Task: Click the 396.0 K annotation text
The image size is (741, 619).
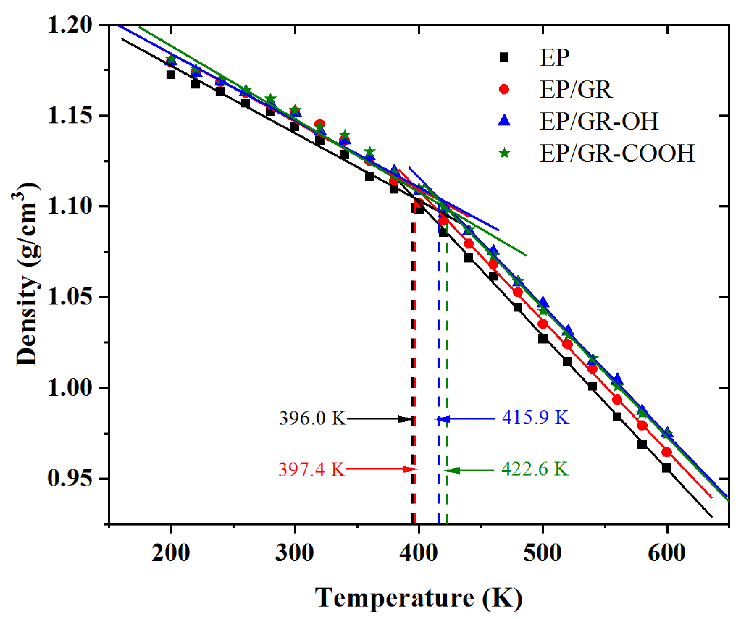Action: tap(312, 419)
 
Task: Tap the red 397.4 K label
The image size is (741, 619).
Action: tap(312, 470)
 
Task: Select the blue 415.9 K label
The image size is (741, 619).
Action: tap(536, 418)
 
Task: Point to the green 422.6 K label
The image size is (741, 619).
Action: tap(535, 469)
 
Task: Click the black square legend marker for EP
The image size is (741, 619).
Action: tap(504, 57)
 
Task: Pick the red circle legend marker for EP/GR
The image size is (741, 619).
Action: tap(504, 89)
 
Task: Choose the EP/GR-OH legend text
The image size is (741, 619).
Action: tap(599, 121)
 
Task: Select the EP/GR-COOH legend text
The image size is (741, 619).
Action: tap(617, 153)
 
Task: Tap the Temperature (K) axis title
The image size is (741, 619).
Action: tap(418, 598)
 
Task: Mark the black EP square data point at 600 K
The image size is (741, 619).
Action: tap(666, 468)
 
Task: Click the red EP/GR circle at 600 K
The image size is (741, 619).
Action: tap(666, 452)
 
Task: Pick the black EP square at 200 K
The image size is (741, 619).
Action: tap(171, 75)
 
